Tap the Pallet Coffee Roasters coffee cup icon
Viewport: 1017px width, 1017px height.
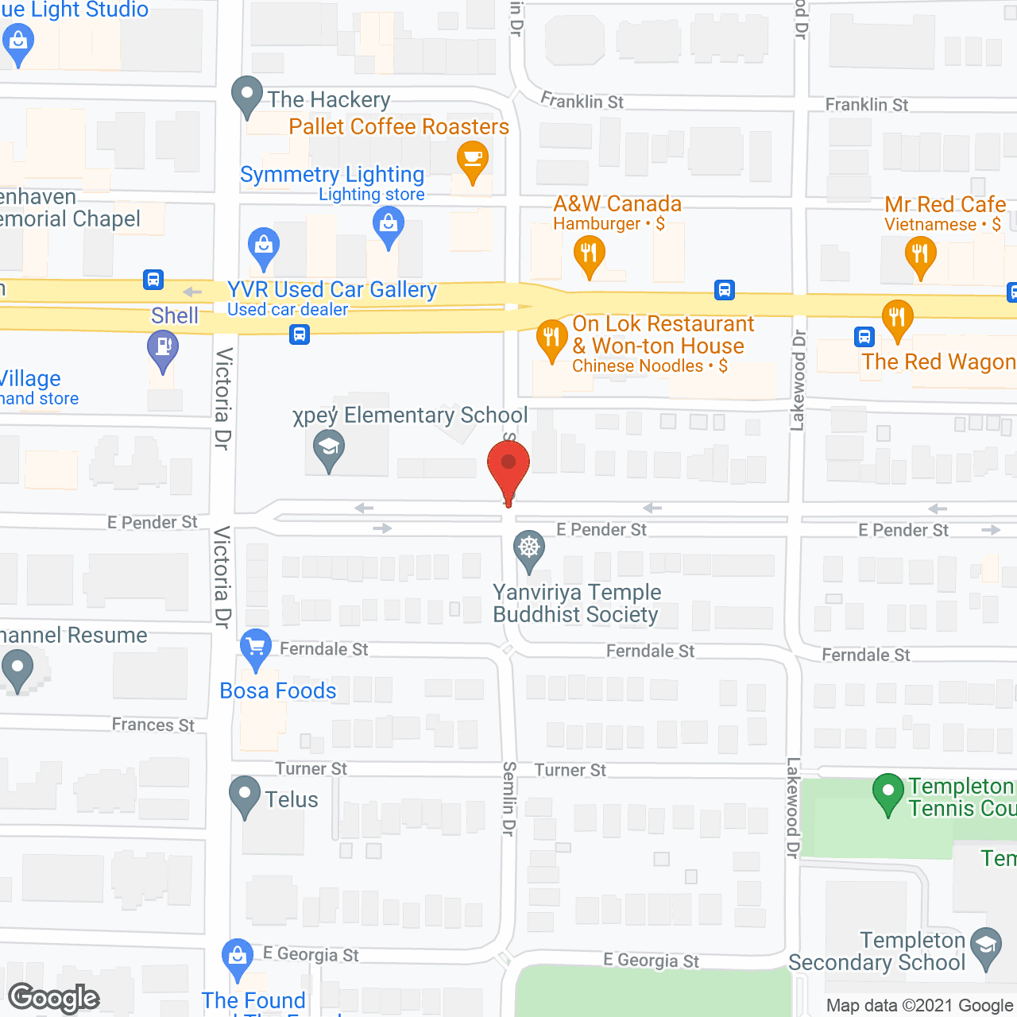tap(472, 159)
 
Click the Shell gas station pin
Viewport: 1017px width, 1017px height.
tap(163, 348)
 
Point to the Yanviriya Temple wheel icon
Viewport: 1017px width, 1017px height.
tap(528, 548)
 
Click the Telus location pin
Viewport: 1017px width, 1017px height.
tap(245, 795)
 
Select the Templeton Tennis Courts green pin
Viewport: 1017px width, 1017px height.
tap(887, 792)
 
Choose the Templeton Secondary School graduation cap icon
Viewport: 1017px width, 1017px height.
tap(986, 946)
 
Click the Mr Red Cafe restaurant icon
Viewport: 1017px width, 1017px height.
tap(920, 255)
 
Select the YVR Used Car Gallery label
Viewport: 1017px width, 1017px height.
tap(332, 290)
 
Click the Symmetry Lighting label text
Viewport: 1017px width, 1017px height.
tap(332, 175)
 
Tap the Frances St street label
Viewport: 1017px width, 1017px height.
tap(153, 725)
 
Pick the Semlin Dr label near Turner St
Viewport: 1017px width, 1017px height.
tap(509, 799)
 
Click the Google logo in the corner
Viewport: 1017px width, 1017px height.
tap(54, 998)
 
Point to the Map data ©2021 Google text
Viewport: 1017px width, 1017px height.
tap(920, 1006)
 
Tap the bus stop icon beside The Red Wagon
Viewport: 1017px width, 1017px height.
tap(864, 337)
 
